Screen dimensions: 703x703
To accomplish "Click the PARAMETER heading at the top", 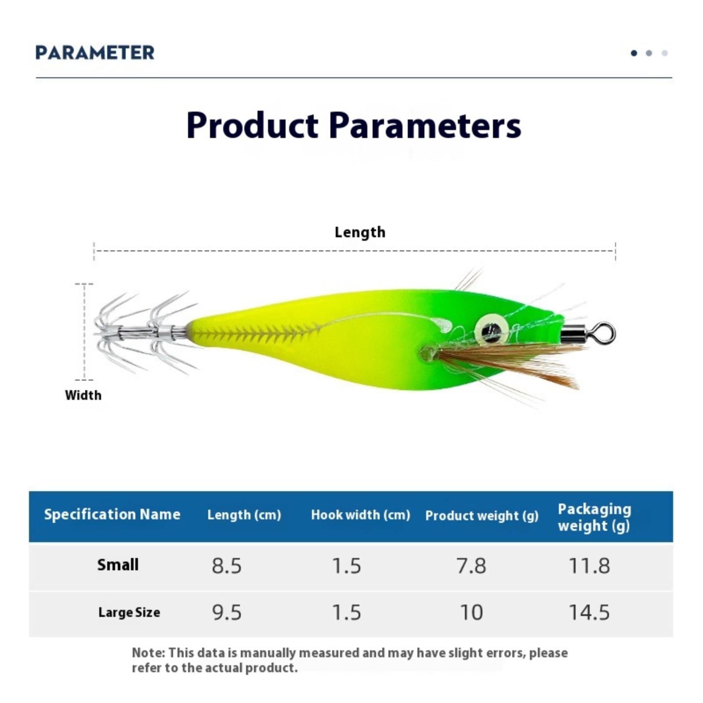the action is (95, 53).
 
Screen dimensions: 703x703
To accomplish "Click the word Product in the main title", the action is (252, 125).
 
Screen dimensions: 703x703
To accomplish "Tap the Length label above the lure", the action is (360, 232).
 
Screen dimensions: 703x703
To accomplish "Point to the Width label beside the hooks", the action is (83, 395).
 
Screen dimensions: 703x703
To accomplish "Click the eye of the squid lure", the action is (492, 330).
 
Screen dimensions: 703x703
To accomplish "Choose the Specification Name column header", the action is (112, 515).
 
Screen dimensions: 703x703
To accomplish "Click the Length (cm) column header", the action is (244, 515).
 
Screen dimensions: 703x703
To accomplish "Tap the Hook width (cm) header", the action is (361, 515).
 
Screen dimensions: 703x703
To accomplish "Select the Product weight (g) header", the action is (482, 516).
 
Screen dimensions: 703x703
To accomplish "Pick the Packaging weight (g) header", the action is (594, 518).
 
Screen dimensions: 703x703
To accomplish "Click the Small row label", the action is (118, 565).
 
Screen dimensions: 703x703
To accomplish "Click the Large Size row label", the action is (129, 612).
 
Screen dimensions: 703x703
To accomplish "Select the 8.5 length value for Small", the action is (227, 566).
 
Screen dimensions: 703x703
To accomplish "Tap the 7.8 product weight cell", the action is (471, 566).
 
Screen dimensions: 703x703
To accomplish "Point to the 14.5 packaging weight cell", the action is (589, 612).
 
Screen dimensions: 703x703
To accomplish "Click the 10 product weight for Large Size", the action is (471, 612).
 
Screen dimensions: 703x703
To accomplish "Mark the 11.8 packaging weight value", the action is (589, 566).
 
